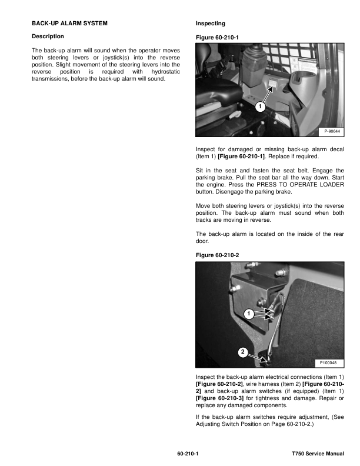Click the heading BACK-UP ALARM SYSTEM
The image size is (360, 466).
point(69,24)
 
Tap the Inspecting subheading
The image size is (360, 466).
point(210,24)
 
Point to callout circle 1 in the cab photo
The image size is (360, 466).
point(259,107)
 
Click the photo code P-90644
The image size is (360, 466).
point(331,130)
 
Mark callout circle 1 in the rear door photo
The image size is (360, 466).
point(249,314)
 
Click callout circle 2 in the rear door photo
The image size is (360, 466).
point(242,352)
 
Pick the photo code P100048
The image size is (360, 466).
point(330,362)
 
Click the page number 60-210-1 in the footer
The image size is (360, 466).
point(187,454)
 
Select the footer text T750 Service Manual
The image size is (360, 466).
point(318,454)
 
